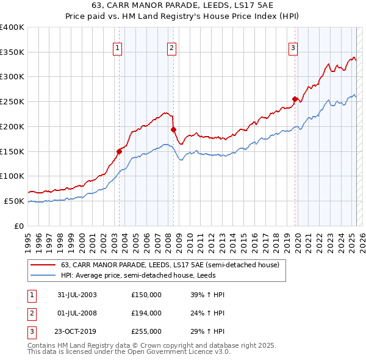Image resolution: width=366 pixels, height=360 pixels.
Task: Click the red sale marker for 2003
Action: click(120, 151)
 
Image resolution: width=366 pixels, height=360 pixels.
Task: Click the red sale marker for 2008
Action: click(173, 129)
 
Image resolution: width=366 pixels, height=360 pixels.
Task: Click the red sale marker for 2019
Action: click(295, 99)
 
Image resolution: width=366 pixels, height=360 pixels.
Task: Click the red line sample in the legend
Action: click(43, 265)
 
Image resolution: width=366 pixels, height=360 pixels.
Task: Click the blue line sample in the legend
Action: click(43, 275)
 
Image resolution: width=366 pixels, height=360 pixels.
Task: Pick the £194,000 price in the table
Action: click(146, 313)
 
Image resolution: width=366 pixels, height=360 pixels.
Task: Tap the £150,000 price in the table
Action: click(146, 295)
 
